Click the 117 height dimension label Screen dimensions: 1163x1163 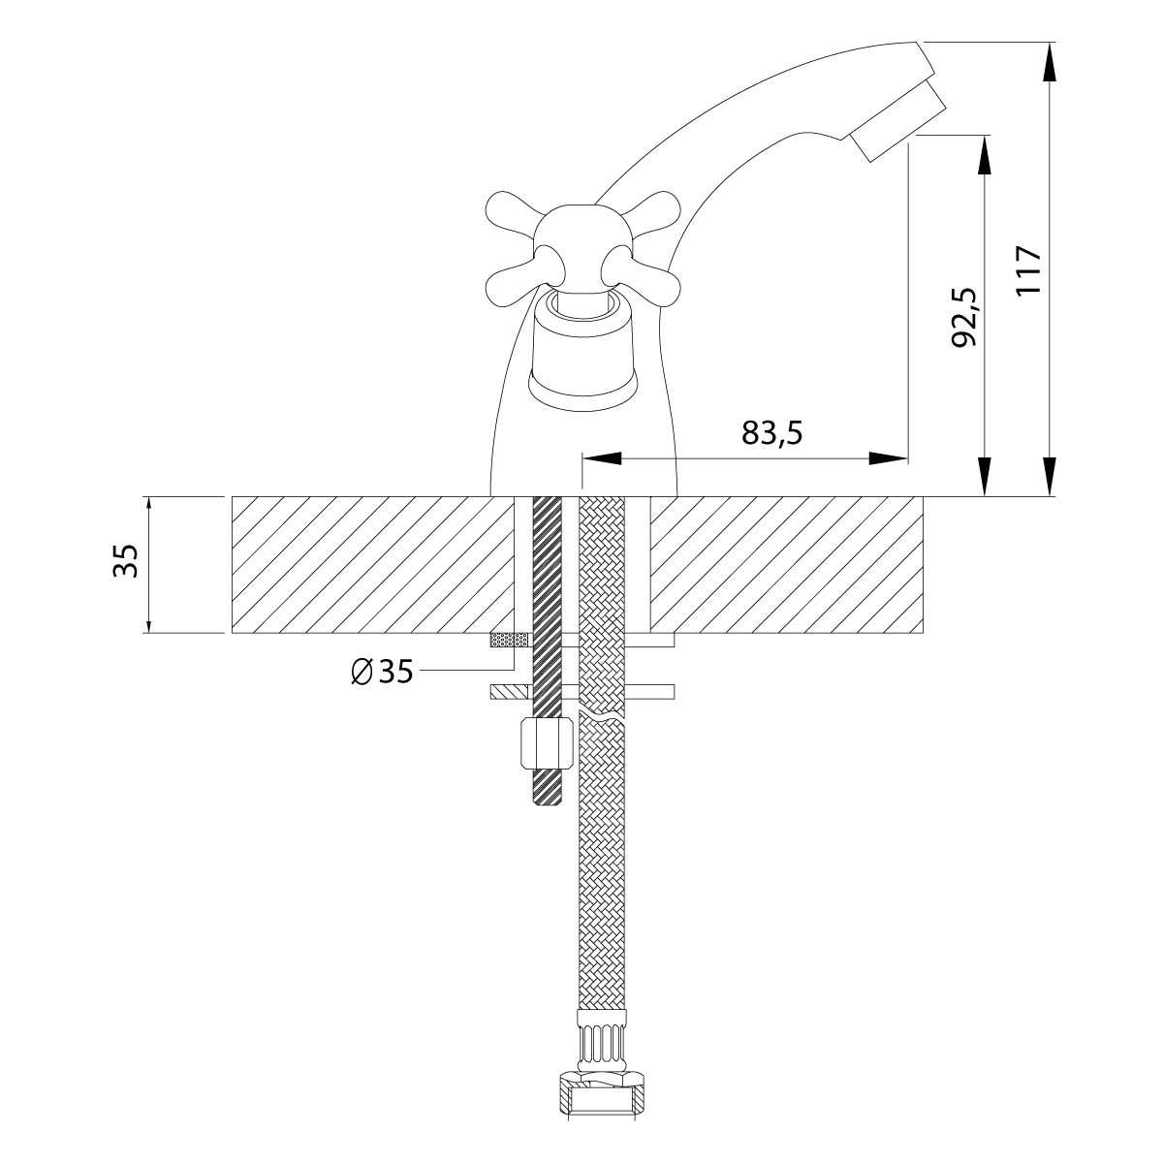tap(1029, 269)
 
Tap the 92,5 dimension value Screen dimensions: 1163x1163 tap(963, 317)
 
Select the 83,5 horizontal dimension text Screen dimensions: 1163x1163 tap(772, 432)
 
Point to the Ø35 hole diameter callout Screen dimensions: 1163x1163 tap(382, 671)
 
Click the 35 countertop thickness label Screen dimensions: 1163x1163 tap(126, 561)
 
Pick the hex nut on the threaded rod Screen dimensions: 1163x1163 tap(546, 742)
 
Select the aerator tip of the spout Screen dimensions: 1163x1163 tap(896, 121)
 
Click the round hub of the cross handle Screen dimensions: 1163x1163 tap(583, 245)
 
